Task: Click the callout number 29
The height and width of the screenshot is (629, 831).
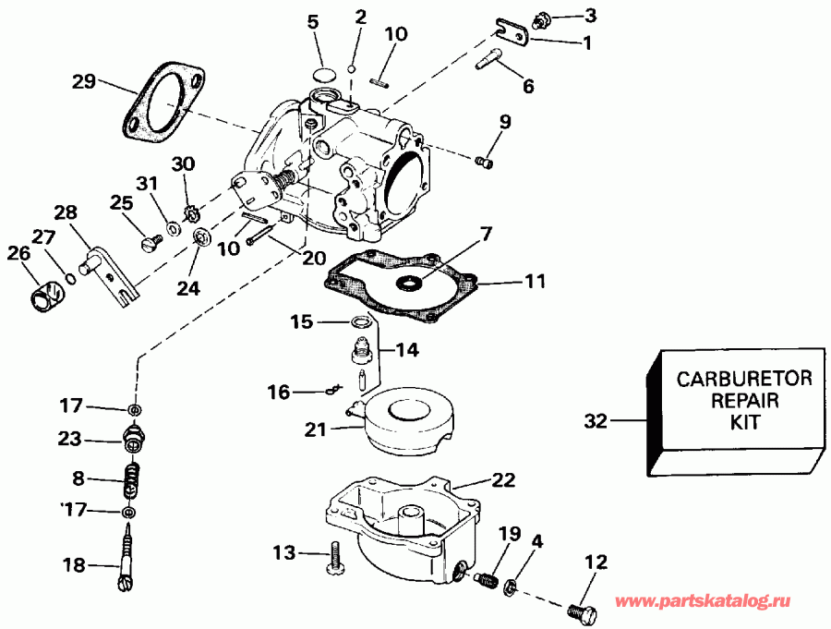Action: pos(84,81)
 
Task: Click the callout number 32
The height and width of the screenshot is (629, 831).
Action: pos(596,422)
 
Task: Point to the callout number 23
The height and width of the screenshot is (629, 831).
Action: pos(71,440)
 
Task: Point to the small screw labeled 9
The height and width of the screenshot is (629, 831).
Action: pos(484,163)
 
